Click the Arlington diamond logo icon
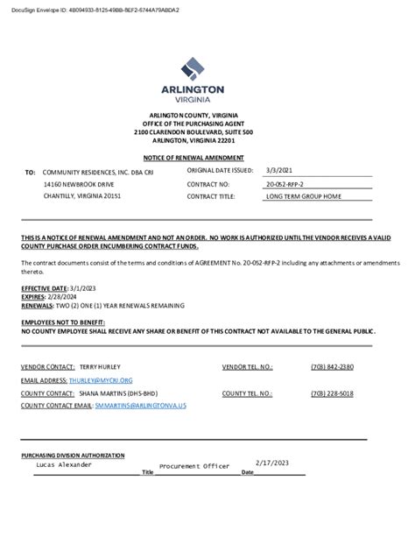(193, 68)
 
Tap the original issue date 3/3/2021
(279, 170)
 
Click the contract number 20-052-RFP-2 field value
(285, 185)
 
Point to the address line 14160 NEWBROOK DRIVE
(79, 185)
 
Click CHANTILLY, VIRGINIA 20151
(82, 197)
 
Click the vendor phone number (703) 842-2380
(332, 366)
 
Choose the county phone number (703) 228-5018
(332, 393)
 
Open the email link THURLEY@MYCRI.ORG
(102, 380)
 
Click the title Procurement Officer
(193, 466)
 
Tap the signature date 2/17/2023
(272, 463)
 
